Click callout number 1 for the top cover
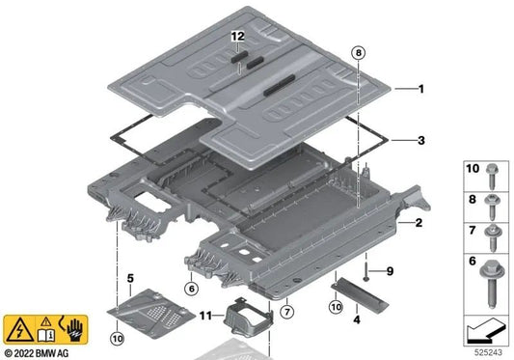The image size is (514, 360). (x=420, y=89)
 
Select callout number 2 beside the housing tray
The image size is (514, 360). (x=419, y=223)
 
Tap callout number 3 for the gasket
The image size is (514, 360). (x=420, y=140)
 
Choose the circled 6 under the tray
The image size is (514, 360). (x=192, y=288)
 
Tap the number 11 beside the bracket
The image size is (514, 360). (x=204, y=316)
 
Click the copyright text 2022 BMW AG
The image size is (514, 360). (x=45, y=351)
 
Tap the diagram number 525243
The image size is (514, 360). (x=488, y=353)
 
